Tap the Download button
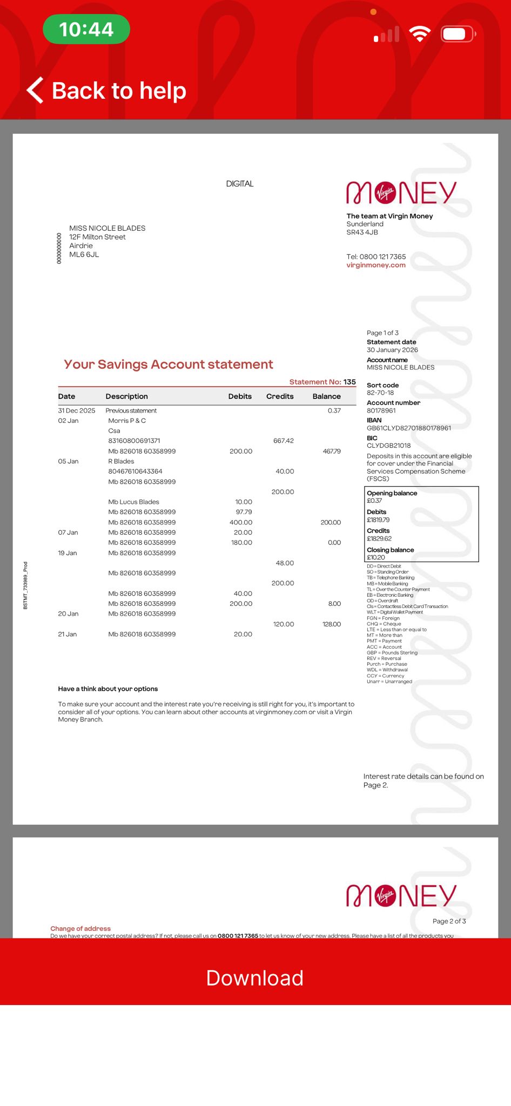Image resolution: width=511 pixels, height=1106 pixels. click(255, 978)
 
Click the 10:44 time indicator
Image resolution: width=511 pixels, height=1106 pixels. click(86, 29)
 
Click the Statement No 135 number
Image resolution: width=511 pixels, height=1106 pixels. click(349, 382)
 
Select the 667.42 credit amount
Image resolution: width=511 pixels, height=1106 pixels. click(283, 441)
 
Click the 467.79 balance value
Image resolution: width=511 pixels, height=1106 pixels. click(331, 451)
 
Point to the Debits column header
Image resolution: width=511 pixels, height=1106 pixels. click(240, 396)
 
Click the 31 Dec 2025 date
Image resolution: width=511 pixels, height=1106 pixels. click(77, 410)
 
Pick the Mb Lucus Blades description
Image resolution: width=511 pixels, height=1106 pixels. click(133, 502)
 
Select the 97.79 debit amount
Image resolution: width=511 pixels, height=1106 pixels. click(244, 512)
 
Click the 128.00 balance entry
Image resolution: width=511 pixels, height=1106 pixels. click(331, 624)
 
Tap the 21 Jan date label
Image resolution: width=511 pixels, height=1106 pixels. click(68, 634)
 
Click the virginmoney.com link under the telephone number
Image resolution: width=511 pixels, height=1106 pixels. click(376, 265)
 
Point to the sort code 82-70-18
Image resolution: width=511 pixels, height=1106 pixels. click(380, 393)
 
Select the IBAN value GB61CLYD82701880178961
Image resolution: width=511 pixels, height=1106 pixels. click(409, 428)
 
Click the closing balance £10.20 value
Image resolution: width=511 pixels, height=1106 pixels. click(376, 557)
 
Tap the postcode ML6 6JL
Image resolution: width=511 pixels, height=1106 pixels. click(84, 254)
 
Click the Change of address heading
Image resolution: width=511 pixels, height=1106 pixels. click(80, 928)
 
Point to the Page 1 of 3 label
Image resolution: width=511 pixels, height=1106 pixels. click(382, 333)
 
